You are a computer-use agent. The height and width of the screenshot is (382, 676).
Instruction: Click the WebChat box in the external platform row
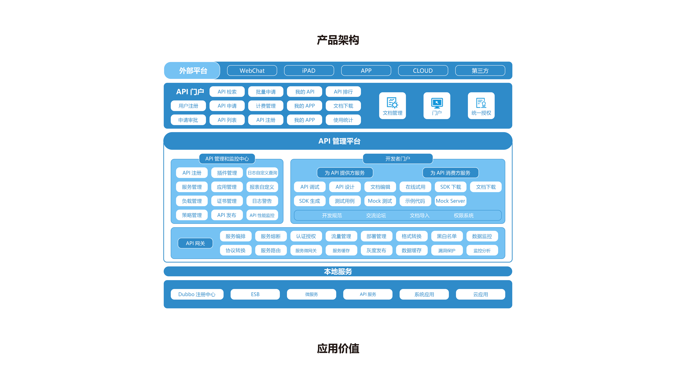(252, 71)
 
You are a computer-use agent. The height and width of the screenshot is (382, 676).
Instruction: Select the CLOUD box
(423, 71)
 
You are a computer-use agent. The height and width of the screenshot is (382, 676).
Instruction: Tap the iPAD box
(309, 71)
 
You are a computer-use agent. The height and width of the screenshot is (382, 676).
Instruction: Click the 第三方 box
(480, 71)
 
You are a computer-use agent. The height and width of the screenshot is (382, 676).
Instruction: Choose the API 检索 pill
(227, 92)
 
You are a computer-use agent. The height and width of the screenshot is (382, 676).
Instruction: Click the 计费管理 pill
(266, 106)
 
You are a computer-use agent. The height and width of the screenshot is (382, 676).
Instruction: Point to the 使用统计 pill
(343, 120)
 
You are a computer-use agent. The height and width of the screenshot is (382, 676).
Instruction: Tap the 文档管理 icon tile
(392, 106)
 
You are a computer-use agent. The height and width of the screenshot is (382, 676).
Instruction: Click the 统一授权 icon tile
(481, 106)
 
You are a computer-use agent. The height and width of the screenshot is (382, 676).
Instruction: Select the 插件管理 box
(227, 173)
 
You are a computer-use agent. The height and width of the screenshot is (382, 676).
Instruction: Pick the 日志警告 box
(262, 201)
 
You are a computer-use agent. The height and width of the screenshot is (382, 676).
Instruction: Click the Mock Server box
(450, 201)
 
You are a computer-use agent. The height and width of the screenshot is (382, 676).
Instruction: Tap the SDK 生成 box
(310, 201)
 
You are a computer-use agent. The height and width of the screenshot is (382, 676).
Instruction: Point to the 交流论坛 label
(376, 215)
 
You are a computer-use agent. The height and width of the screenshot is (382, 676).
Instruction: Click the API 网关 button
(195, 243)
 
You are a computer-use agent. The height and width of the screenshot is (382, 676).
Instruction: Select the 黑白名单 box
(447, 236)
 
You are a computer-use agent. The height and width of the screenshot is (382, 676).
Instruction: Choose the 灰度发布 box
(376, 250)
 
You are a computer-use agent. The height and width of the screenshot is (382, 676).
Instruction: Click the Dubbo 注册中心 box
(197, 294)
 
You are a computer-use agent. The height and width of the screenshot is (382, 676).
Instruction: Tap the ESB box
(255, 294)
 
